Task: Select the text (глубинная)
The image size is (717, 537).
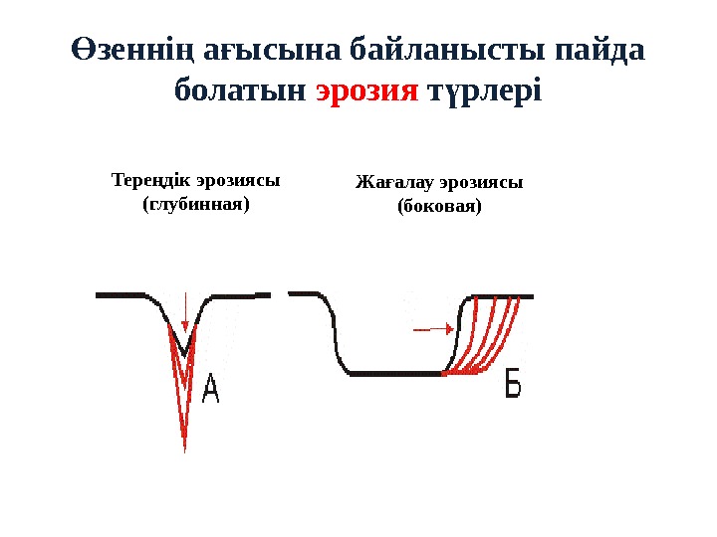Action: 195,205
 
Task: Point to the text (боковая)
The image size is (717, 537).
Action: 439,208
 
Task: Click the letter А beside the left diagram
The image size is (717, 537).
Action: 211,389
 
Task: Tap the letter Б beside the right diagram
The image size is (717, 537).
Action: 513,383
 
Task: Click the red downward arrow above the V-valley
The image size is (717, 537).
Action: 185,313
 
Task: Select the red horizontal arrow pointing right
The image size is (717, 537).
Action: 429,327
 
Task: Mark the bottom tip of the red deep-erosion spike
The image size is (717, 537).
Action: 185,449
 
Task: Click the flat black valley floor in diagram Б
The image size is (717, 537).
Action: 393,374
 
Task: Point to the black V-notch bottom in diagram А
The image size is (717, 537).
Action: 184,351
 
